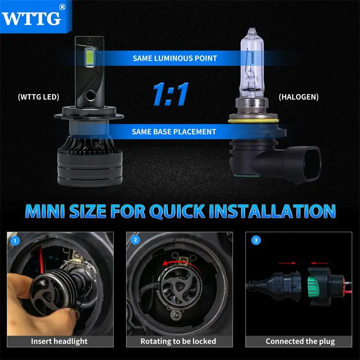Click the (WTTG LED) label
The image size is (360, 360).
(38, 97)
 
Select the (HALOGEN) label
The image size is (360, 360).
(298, 97)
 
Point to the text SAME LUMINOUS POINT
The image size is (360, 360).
(175, 58)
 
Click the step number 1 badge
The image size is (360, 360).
(16, 241)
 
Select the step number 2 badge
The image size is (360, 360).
(135, 241)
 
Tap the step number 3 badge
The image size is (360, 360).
(256, 241)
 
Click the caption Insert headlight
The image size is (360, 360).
(59, 341)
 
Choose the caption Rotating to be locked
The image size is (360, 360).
(178, 341)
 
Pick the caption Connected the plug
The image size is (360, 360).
(300, 341)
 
